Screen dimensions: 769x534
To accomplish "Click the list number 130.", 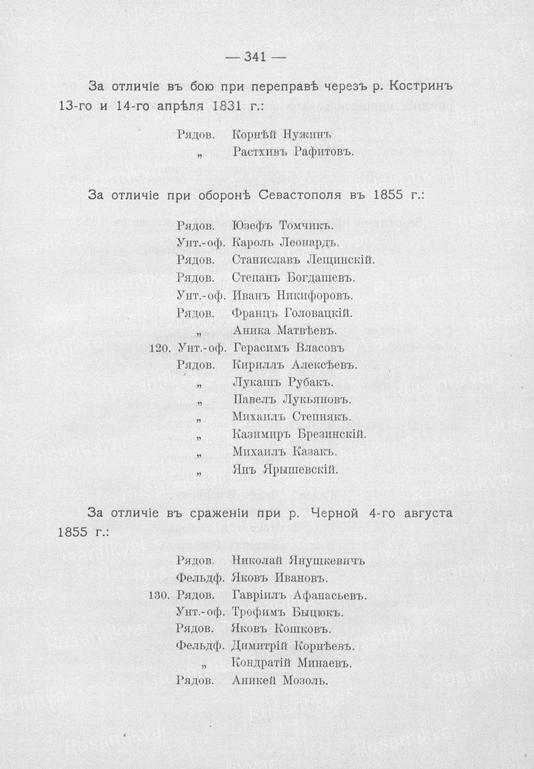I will tap(159, 595).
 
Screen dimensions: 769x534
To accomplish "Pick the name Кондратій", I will tap(260, 664).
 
